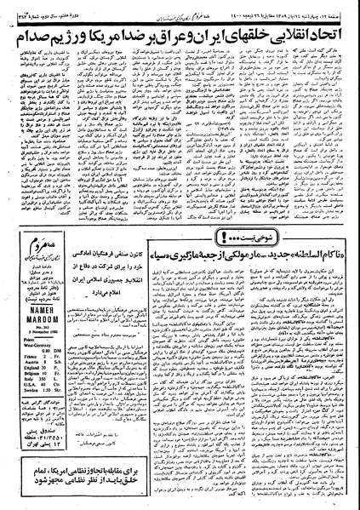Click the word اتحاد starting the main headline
click(329, 39)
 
